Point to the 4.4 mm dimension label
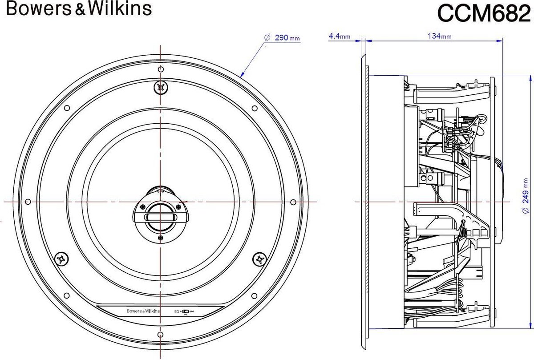(x=340, y=36)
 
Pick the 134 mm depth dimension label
(x=439, y=36)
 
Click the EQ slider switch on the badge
(x=185, y=311)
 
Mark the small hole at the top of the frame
(x=161, y=69)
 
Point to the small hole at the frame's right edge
(x=293, y=202)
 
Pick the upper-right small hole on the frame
(x=255, y=108)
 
